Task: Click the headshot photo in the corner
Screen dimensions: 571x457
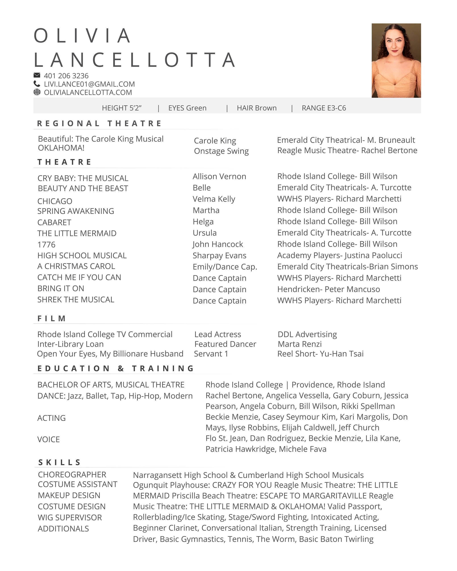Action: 396,60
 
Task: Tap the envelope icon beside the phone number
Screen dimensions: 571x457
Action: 37,75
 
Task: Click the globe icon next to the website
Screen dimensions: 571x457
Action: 37,92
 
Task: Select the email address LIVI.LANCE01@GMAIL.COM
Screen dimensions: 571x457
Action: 89,84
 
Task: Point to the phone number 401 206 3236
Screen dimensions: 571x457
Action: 66,76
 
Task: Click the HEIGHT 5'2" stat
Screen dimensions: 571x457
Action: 122,108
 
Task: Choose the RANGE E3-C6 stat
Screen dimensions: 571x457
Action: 324,108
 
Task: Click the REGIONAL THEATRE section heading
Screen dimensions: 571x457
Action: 99,123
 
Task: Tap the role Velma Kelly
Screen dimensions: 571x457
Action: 214,199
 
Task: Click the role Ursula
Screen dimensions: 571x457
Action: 205,233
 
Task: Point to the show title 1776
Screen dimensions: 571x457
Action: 46,245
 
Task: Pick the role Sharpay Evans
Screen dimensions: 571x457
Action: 219,256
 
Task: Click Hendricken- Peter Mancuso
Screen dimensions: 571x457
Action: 328,289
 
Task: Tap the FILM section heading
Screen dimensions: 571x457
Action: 52,318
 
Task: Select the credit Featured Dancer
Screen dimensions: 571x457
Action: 225,344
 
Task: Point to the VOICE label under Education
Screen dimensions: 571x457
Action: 48,440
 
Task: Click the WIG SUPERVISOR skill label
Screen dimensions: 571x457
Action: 70,517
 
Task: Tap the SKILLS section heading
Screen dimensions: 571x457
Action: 59,462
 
